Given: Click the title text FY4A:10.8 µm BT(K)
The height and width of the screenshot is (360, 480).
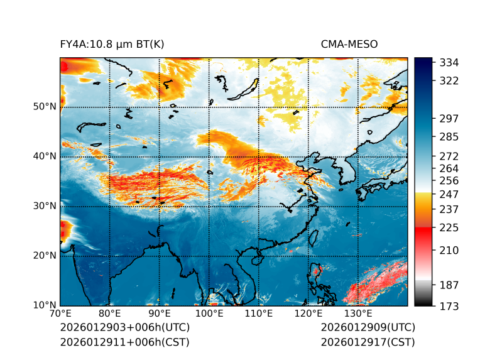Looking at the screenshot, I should [112, 44].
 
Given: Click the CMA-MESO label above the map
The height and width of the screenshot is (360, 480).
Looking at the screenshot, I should [349, 44].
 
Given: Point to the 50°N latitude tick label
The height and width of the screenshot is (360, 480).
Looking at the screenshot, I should [45, 107].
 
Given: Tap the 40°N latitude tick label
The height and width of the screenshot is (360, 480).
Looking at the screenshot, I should [45, 156].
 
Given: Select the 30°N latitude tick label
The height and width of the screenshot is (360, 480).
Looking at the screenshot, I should [45, 206].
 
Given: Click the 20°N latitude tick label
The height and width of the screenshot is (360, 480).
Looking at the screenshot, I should [45, 256].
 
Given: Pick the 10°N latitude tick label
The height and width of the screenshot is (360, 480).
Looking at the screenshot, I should [45, 305].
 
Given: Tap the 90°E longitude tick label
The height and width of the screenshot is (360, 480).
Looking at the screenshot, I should [159, 314].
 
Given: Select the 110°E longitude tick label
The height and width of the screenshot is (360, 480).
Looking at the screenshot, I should [258, 314].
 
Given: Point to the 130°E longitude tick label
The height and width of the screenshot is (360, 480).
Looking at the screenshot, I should [357, 314].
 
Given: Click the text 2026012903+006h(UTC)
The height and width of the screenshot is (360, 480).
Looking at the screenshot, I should [125, 328].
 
